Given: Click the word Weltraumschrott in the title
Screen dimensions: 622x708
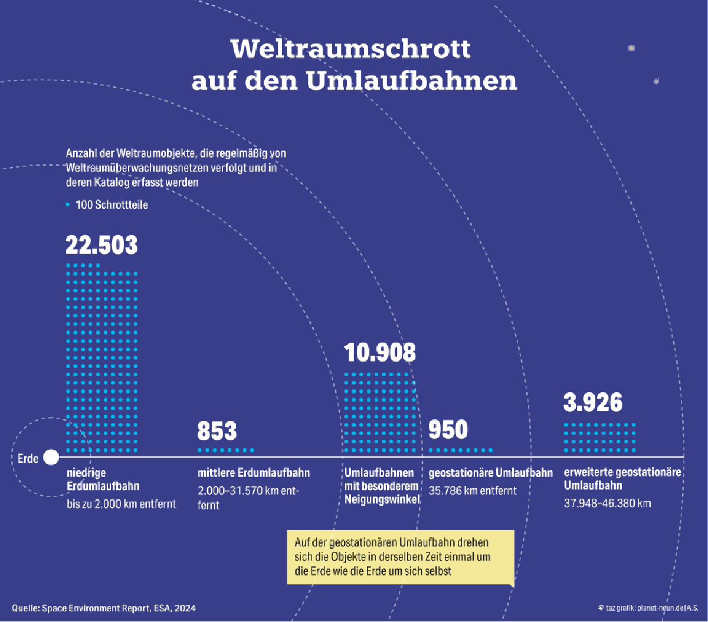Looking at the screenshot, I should [352, 48].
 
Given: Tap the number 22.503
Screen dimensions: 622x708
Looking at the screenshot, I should [101, 245].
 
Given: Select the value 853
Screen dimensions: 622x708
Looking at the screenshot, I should [217, 431].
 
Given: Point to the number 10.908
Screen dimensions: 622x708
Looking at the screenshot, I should [380, 353].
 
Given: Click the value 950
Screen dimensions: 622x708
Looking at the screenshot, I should [448, 430].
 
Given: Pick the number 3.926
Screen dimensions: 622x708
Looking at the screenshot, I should [593, 403].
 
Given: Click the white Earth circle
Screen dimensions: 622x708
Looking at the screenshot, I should [51, 457].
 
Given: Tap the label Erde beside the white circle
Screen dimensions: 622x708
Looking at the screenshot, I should [28, 458].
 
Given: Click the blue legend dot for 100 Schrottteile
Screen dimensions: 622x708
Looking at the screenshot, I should [67, 205].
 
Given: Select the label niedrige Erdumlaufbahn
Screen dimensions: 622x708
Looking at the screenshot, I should [103, 479].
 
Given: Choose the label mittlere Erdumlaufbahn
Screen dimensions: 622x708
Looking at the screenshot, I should [254, 473].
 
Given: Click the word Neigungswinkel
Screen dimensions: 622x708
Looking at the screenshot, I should [382, 499].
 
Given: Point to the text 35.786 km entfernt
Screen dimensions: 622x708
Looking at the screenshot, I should [472, 491].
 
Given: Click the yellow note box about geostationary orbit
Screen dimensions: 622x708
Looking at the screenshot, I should [400, 557].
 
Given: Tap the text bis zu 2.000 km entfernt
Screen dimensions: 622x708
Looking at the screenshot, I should [121, 504].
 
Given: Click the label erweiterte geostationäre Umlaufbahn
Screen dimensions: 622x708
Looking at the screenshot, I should [622, 479].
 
